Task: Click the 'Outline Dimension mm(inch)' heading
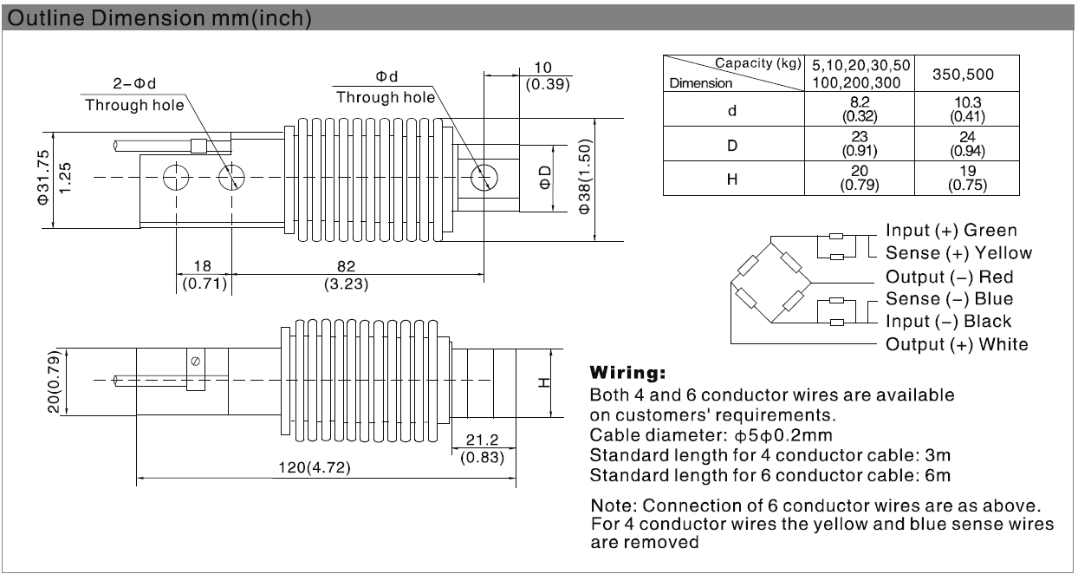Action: [x=158, y=18]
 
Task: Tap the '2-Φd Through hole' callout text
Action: [x=134, y=95]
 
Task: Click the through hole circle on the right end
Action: [x=482, y=178]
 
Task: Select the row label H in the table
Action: [x=733, y=178]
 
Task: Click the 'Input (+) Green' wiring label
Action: [x=951, y=231]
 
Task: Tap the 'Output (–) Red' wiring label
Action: [x=949, y=277]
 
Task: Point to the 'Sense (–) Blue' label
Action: [x=949, y=299]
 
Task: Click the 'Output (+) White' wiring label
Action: [x=957, y=344]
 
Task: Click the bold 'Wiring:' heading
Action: [x=627, y=374]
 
